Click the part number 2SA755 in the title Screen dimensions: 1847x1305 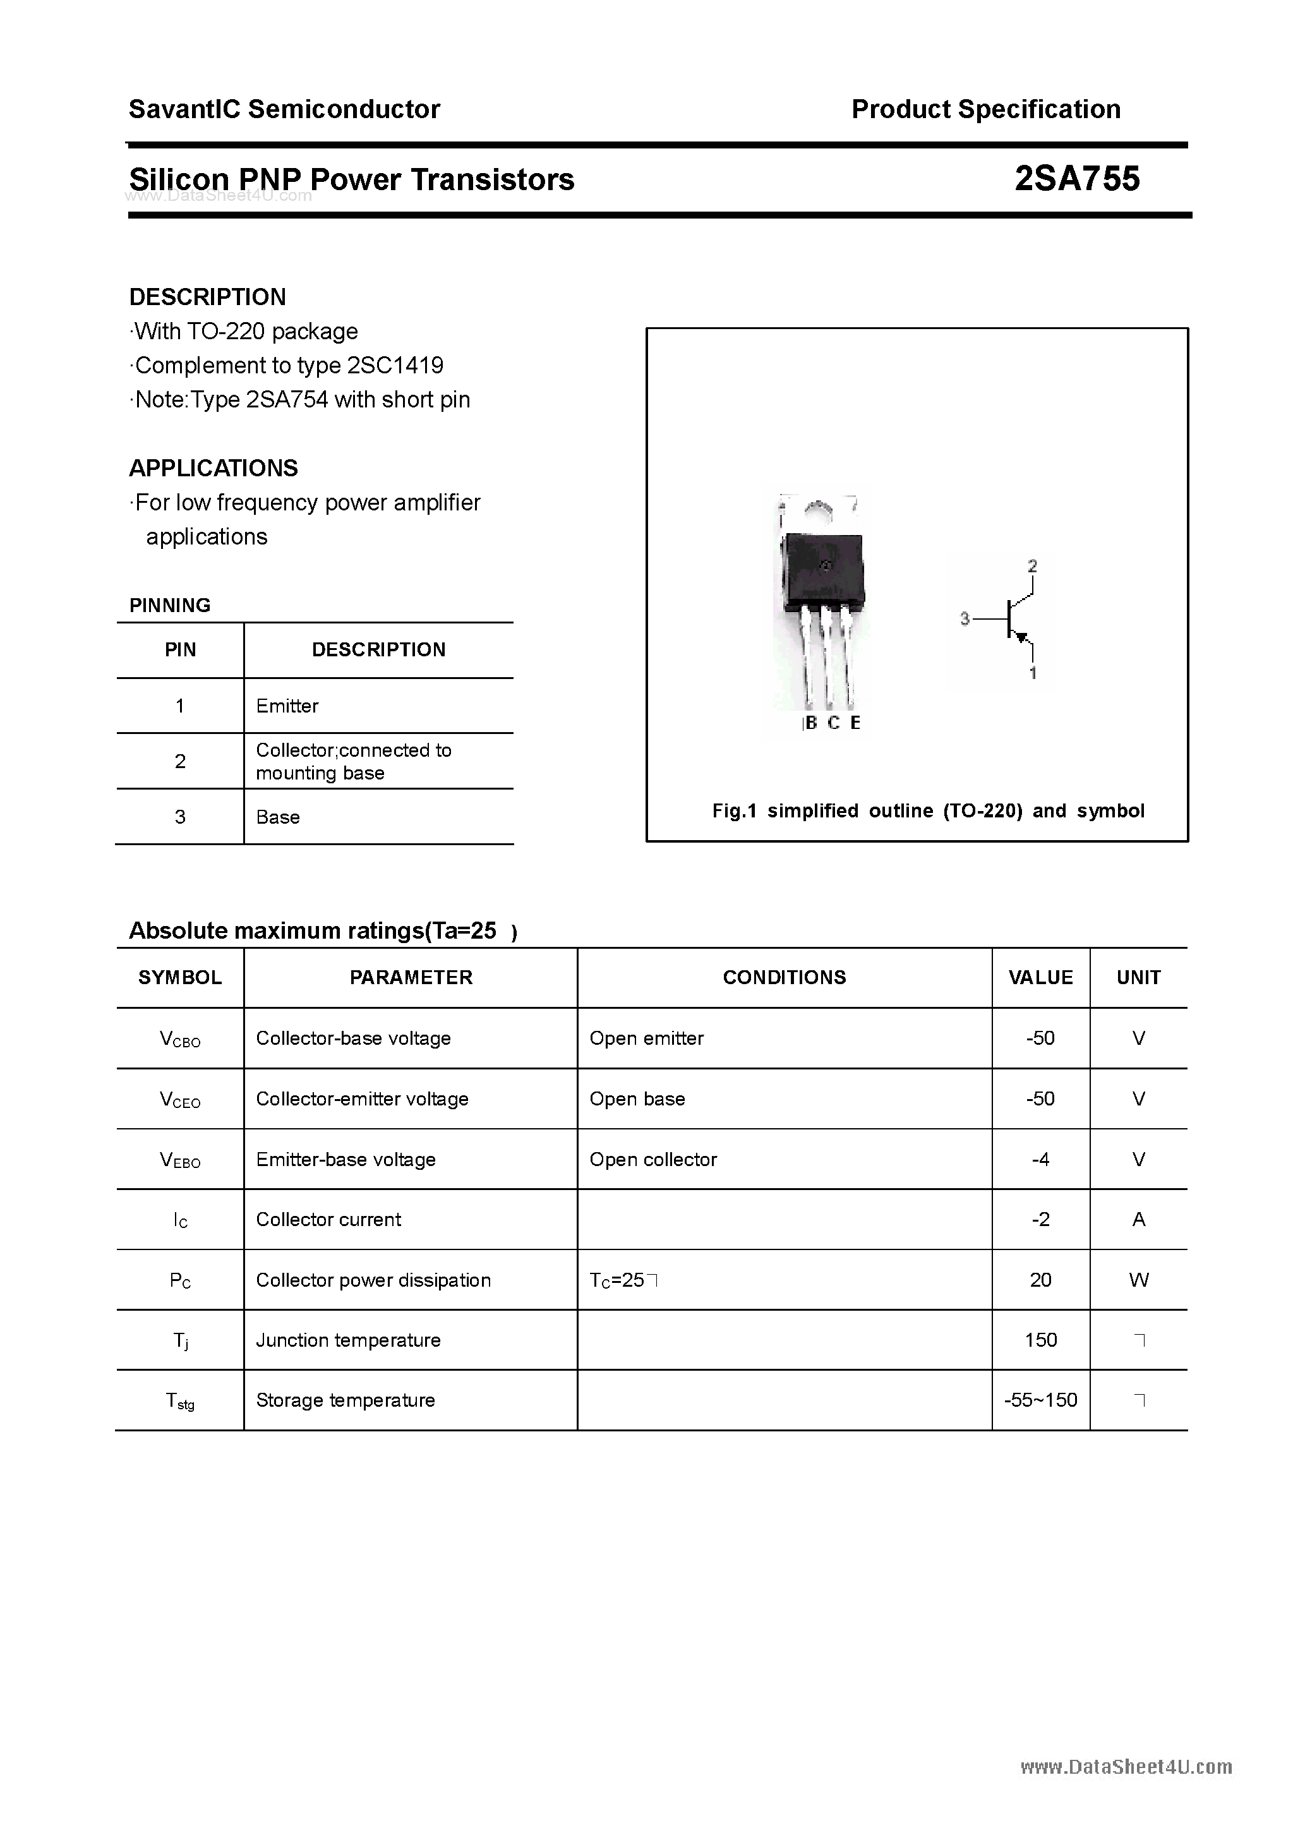pos(1076,179)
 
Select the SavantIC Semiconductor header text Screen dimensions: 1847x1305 pos(284,109)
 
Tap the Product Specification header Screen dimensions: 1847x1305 pos(985,109)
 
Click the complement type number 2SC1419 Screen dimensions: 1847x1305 pos(395,366)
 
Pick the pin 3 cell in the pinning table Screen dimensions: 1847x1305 pos(179,817)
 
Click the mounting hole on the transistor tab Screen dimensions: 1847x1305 pos(818,509)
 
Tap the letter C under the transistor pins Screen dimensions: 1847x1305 pos(834,723)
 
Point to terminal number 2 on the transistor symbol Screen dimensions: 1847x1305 pos(1032,567)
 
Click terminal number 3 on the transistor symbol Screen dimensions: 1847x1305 pos(965,618)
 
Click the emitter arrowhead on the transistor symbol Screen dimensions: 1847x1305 pos(1022,638)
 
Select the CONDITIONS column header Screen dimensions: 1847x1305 pos(784,977)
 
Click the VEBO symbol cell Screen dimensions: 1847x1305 pos(179,1160)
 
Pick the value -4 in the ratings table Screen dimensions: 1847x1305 pos(1040,1160)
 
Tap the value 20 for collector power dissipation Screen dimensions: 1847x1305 pos(1040,1280)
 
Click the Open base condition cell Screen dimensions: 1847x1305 pos(637,1100)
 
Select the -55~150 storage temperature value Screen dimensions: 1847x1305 pos(1040,1400)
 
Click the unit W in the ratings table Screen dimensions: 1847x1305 pos(1138,1280)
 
